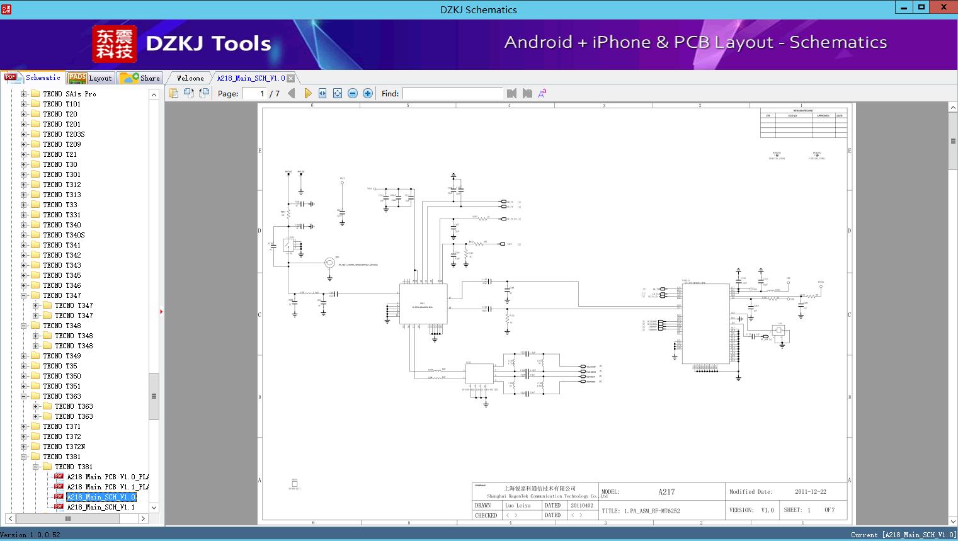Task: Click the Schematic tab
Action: [35, 77]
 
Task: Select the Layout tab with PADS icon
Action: [90, 78]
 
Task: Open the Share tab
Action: [141, 78]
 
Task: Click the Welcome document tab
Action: [190, 78]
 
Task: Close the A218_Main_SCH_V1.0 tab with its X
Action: [290, 78]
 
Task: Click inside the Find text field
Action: [452, 93]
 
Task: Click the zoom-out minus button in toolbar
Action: [353, 93]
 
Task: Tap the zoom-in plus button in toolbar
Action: [368, 93]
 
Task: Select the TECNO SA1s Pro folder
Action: [69, 94]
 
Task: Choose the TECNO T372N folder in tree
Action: [64, 447]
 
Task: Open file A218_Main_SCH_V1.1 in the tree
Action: [101, 507]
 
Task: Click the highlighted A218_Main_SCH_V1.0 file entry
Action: [101, 497]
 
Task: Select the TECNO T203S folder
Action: [64, 134]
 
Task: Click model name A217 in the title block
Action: [666, 492]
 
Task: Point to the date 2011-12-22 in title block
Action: [810, 492]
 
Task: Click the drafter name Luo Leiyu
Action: [518, 505]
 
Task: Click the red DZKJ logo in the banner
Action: [114, 44]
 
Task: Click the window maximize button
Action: [921, 8]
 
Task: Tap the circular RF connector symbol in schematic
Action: [329, 263]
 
